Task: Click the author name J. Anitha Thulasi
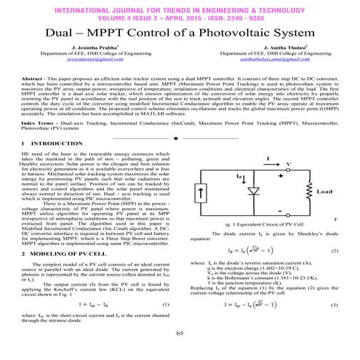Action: click(x=269, y=53)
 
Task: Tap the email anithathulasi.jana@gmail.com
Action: click(x=269, y=66)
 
